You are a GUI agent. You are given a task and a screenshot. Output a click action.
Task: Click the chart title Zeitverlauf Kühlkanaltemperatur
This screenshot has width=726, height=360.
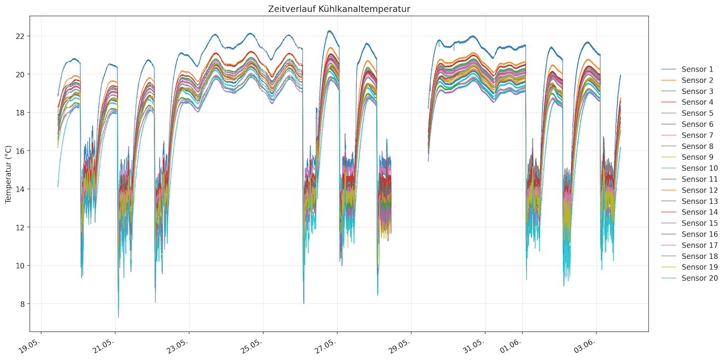[339, 9]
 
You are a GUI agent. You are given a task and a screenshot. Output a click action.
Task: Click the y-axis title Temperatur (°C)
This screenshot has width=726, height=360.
[8, 174]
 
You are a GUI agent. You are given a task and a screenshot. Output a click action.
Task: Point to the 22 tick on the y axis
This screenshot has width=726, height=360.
[20, 36]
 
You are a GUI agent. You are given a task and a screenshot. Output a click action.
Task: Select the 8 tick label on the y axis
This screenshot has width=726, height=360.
[22, 304]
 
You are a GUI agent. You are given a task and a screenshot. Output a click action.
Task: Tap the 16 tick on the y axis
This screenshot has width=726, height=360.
[20, 151]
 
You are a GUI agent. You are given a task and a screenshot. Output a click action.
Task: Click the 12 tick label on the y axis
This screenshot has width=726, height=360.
[20, 228]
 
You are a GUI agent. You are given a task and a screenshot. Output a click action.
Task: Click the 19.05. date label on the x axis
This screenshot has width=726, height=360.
[30, 345]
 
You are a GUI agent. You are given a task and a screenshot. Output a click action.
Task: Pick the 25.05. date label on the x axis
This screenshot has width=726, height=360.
[252, 345]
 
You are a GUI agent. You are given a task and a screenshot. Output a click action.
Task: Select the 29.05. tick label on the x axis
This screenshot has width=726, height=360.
[400, 345]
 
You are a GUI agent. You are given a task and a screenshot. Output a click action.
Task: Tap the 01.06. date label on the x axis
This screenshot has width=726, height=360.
[511, 345]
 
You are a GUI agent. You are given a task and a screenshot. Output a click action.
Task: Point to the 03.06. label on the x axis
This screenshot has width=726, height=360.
[585, 345]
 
